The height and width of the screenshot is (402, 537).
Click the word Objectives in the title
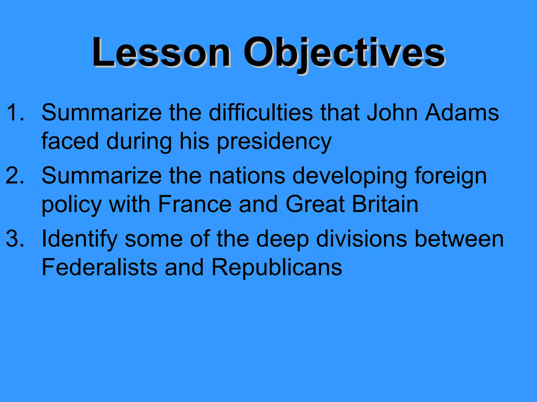[344, 53]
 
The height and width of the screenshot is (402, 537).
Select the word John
[392, 113]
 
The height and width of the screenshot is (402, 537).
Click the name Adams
[462, 113]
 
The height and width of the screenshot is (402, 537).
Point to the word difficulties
[261, 113]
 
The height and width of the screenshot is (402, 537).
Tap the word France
[195, 204]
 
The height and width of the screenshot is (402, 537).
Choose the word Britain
[385, 204]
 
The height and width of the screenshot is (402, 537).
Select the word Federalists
[100, 267]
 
